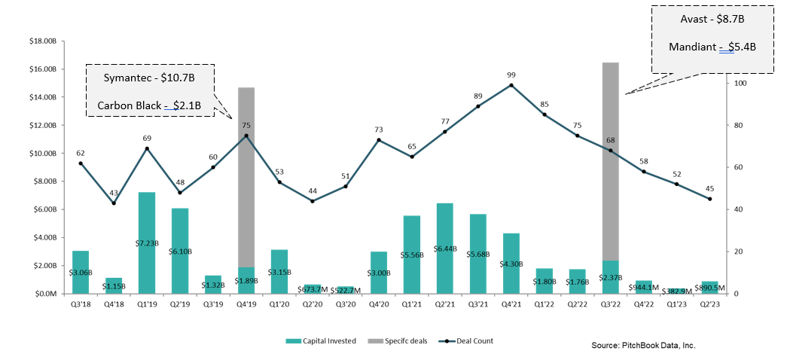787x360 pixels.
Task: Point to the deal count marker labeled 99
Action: click(x=511, y=85)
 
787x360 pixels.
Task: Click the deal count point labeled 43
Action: click(x=114, y=203)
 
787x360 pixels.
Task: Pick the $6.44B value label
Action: click(x=445, y=249)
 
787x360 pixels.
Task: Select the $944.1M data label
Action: click(x=643, y=286)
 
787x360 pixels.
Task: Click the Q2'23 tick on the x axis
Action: click(x=709, y=304)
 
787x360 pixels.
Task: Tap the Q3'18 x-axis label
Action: click(x=81, y=304)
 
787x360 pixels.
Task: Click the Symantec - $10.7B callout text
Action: click(x=149, y=79)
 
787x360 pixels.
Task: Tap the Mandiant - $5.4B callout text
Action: click(x=712, y=47)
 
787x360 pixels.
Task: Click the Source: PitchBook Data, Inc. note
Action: click(x=643, y=345)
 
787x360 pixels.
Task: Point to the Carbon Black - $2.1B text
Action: click(x=149, y=105)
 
